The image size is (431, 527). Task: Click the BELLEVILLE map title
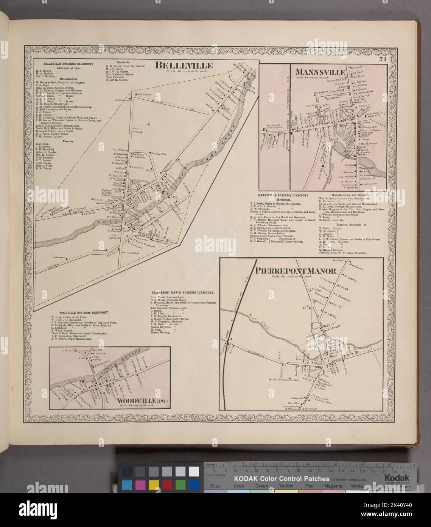pyautogui.click(x=184, y=66)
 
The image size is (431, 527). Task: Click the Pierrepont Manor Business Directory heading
pyautogui.click(x=182, y=293)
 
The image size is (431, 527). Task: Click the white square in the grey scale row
pyautogui.click(x=194, y=471)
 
